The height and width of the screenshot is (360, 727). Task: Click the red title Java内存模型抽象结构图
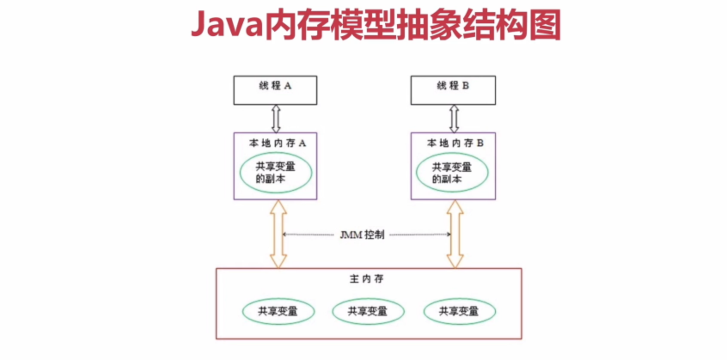376,25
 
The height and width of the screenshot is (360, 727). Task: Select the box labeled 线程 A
275,91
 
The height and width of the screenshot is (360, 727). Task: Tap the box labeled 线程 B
453,91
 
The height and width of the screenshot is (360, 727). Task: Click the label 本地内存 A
277,143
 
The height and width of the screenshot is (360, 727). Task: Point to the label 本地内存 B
455,143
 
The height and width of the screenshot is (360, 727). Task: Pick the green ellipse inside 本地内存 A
275,173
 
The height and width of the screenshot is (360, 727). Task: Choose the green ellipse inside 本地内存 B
452,173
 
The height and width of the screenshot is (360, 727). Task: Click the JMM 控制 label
362,235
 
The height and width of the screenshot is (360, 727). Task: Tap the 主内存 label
367,279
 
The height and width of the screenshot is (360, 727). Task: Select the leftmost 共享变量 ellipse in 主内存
278,311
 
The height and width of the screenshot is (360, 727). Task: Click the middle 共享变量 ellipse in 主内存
368,311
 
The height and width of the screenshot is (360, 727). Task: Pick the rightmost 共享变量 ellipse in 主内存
459,311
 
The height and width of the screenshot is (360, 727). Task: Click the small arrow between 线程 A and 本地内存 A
276,119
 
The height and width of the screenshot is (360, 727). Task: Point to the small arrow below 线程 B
454,119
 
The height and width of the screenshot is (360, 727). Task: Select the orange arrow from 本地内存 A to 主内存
278,234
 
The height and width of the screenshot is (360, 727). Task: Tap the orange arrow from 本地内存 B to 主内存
455,234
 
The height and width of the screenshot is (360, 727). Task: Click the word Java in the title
227,25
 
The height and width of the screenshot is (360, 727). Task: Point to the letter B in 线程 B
465,85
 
